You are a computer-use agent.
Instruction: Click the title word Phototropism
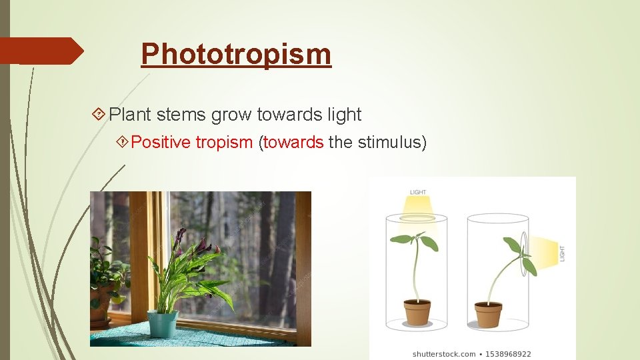(236, 54)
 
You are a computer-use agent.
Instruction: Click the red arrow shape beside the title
(41, 51)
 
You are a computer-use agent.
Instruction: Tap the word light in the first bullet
(344, 115)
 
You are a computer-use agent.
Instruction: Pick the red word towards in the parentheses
(293, 142)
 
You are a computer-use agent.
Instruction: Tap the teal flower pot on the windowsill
(162, 325)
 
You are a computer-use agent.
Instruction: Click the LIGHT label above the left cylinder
(418, 193)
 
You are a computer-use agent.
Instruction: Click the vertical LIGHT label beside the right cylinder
(561, 253)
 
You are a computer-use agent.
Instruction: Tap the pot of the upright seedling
(417, 312)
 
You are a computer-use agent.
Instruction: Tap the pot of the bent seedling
(488, 313)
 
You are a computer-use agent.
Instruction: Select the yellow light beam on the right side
(543, 253)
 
